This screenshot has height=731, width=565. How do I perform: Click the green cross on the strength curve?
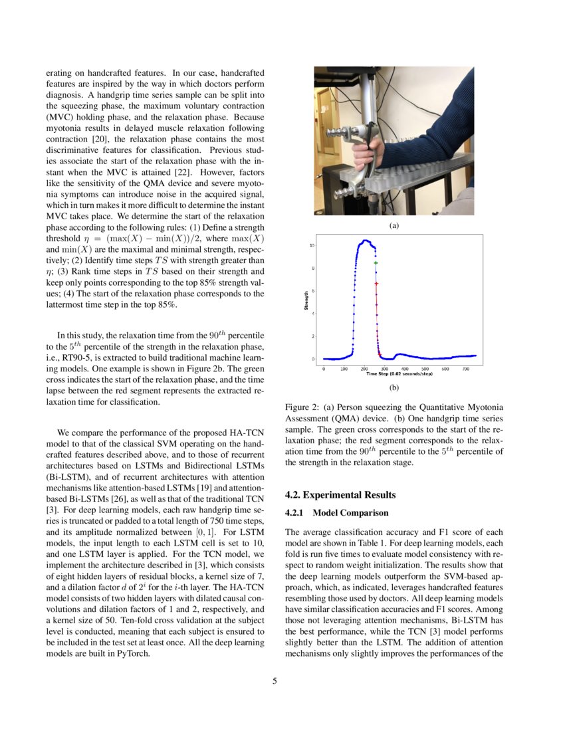point(376,263)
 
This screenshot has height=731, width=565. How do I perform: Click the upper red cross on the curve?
point(376,284)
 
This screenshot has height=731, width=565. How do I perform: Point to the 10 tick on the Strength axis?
point(313,246)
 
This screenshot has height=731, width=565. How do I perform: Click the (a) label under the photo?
point(394,226)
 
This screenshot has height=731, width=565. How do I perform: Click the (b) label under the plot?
point(394,386)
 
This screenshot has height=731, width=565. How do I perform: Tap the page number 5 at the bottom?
point(275,681)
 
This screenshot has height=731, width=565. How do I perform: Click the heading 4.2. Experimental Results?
point(339,495)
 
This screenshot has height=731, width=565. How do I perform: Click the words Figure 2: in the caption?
point(302,407)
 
